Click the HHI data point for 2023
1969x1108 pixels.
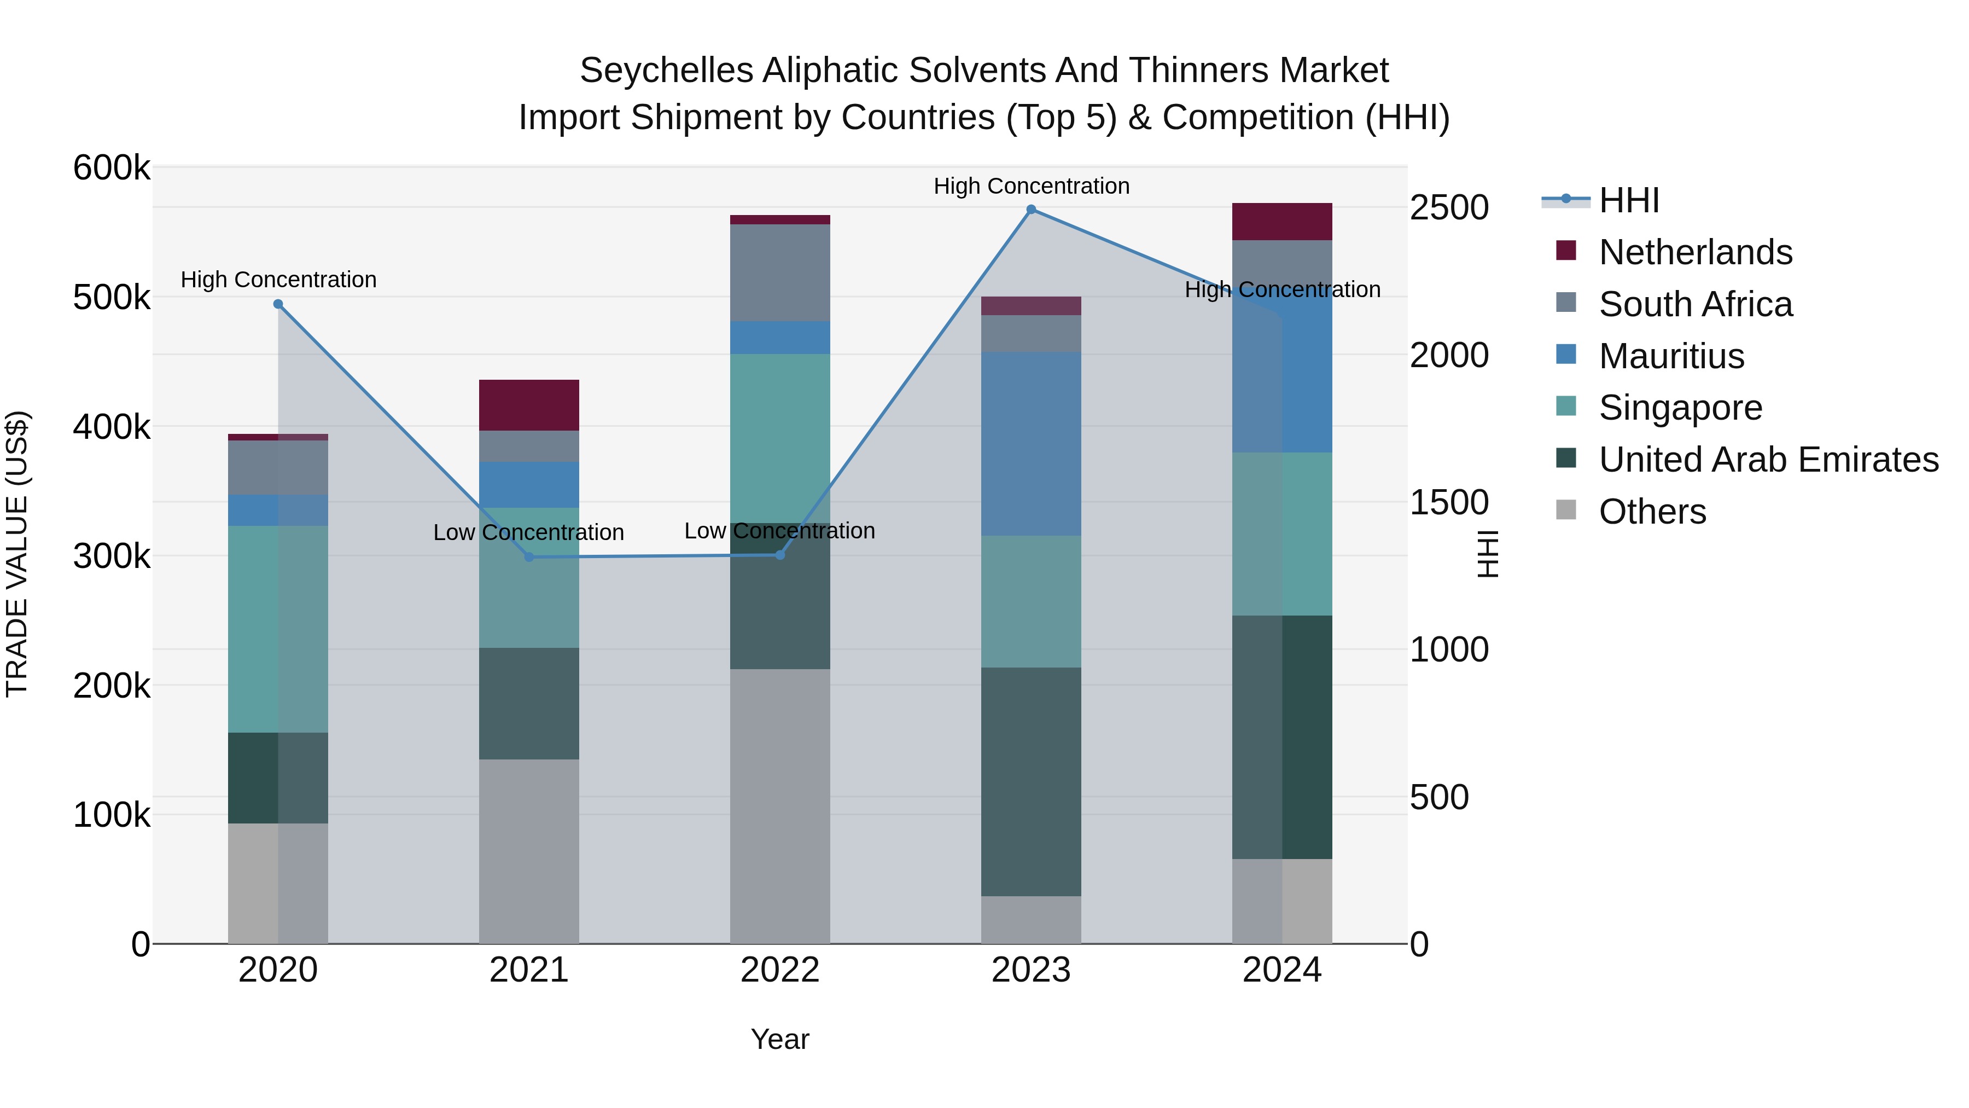(x=1031, y=210)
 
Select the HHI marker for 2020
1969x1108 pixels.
(x=278, y=304)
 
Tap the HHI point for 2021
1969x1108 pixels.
(x=529, y=556)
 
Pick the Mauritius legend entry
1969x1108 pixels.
(x=1671, y=356)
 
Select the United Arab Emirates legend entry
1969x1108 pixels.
(x=1768, y=460)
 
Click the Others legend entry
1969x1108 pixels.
(x=1652, y=512)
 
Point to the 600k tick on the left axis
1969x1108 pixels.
(x=112, y=167)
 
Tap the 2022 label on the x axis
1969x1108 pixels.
(x=779, y=970)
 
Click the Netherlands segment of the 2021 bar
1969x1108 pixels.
(x=529, y=405)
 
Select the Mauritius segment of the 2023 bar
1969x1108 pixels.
(x=1031, y=444)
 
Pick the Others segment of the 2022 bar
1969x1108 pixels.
(x=779, y=806)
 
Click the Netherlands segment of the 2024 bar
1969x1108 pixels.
(x=1282, y=222)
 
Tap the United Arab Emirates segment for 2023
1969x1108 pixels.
(x=1031, y=781)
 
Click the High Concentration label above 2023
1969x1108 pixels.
(x=1031, y=187)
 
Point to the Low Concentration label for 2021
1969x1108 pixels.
(x=529, y=532)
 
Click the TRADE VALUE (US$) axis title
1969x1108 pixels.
(x=17, y=554)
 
